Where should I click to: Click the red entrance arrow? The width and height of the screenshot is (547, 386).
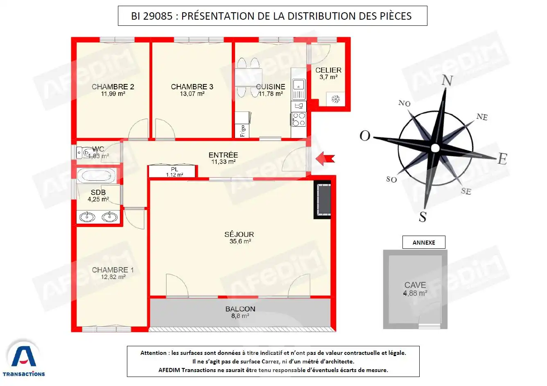325,158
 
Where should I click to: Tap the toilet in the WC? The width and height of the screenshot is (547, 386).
86,152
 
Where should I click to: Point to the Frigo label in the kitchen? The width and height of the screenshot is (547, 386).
243,131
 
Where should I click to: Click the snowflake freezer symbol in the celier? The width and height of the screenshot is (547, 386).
335,99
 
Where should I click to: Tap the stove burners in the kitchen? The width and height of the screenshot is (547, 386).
298,119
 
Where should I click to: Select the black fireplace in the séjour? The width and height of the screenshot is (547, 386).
323,199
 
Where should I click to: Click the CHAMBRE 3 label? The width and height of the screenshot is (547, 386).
192,86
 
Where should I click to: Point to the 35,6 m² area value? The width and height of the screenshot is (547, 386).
240,241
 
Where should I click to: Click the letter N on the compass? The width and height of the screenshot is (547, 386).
448,80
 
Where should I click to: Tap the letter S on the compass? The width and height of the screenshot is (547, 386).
423,216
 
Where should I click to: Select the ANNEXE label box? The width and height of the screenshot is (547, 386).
424,242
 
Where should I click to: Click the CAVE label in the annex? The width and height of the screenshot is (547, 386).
415,285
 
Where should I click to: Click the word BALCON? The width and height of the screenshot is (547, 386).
240,309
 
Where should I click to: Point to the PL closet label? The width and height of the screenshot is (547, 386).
174,169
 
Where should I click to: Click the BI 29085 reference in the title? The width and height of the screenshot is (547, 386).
151,16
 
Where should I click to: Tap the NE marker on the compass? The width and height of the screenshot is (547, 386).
482,117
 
